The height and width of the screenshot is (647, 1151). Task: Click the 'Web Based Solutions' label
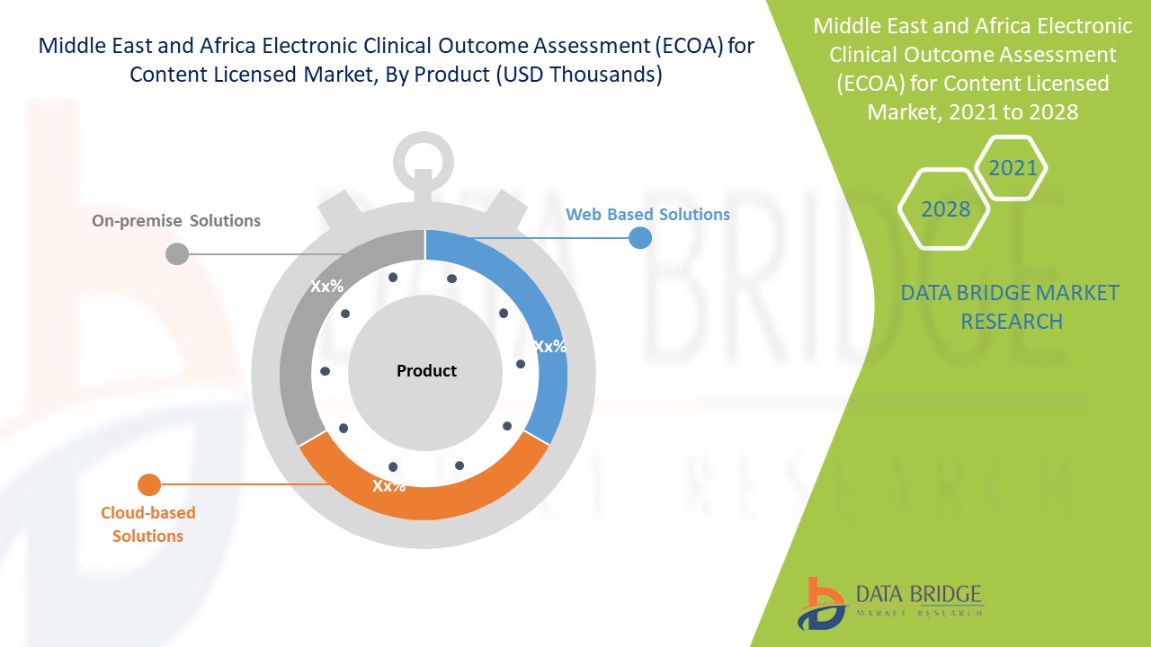pyautogui.click(x=647, y=215)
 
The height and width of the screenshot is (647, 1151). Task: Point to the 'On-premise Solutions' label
pyautogui.click(x=176, y=221)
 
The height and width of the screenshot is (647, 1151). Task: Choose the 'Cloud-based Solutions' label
pyautogui.click(x=147, y=525)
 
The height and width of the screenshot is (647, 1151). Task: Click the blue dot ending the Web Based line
pyautogui.click(x=639, y=238)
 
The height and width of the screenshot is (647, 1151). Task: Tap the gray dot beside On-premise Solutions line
pyautogui.click(x=177, y=253)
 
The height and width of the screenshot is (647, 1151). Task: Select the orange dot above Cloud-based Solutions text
pyautogui.click(x=148, y=485)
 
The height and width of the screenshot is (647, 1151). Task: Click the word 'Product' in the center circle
pyautogui.click(x=426, y=371)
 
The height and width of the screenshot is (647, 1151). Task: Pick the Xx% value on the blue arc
pyautogui.click(x=549, y=347)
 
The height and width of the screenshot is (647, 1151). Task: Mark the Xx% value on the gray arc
pyautogui.click(x=326, y=287)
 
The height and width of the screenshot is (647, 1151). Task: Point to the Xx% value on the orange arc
pyautogui.click(x=389, y=486)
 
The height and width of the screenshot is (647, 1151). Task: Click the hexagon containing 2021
pyautogui.click(x=1012, y=168)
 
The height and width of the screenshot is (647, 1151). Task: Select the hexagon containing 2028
pyautogui.click(x=945, y=209)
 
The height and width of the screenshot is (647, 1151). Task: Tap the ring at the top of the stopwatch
pyautogui.click(x=424, y=161)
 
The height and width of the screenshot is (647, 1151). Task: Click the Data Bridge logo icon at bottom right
pyautogui.click(x=820, y=603)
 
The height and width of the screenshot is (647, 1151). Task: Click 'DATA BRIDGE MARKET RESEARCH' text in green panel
pyautogui.click(x=1011, y=307)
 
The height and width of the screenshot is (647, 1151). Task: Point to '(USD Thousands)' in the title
pyautogui.click(x=579, y=75)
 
